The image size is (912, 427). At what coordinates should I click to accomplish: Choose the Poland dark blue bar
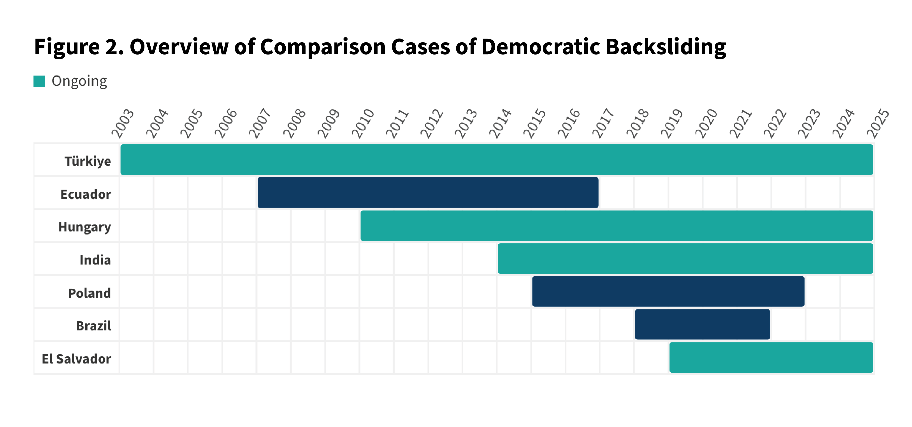(x=668, y=291)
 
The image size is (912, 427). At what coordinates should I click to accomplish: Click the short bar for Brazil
(x=702, y=324)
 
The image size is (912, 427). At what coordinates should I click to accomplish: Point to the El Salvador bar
(x=771, y=357)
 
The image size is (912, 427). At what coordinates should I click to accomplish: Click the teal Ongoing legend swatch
(x=39, y=81)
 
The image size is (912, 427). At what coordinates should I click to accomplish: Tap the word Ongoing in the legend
(x=79, y=81)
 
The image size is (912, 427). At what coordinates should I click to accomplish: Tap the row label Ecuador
(x=86, y=194)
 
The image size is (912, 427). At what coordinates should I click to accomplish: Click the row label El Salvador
(x=76, y=359)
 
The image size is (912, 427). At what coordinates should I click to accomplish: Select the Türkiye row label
(x=88, y=161)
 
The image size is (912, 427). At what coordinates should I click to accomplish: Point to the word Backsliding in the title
(x=666, y=47)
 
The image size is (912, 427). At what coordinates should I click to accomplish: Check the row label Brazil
(x=93, y=326)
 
